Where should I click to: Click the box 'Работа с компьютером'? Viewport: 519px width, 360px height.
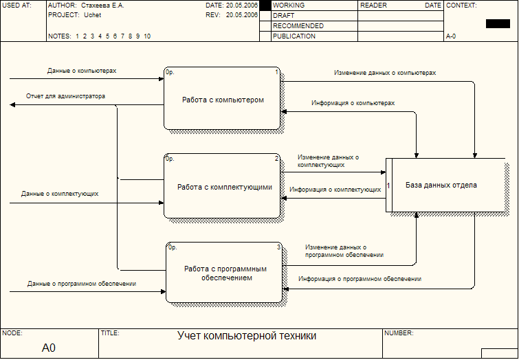[x=222, y=98]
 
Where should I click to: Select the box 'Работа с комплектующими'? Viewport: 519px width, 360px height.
[x=222, y=186]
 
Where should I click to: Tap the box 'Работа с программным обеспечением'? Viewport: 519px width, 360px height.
[x=224, y=272]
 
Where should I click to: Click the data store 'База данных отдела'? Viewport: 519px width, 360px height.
[x=445, y=185]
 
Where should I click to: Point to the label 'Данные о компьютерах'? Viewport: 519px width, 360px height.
[x=82, y=71]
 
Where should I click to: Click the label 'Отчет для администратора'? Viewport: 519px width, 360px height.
[x=65, y=96]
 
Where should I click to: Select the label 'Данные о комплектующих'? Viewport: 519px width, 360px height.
[x=60, y=194]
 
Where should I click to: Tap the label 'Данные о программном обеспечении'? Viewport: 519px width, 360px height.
[x=82, y=284]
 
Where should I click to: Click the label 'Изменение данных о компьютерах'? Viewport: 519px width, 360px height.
[x=385, y=73]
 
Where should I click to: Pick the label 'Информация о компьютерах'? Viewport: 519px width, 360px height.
[x=353, y=103]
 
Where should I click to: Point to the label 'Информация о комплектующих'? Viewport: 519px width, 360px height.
[x=335, y=190]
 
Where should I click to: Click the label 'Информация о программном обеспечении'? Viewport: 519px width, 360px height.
[x=360, y=279]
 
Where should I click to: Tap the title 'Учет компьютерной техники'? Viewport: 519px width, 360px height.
[x=247, y=335]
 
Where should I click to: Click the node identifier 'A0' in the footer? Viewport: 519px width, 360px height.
[x=49, y=348]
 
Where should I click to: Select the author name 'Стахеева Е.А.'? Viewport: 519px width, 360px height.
[x=102, y=5]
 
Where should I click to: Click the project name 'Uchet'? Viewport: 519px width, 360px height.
[x=92, y=15]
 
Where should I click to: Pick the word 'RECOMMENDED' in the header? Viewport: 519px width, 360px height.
[x=298, y=26]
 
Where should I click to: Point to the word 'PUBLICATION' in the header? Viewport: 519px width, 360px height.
[x=294, y=36]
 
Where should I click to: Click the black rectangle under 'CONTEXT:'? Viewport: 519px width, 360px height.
[x=498, y=24]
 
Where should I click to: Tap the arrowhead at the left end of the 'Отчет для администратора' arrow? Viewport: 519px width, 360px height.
[x=12, y=105]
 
